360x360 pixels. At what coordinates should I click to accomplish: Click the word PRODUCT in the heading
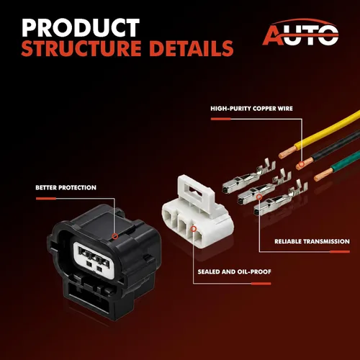point(81,27)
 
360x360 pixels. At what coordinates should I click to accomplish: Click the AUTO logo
point(300,32)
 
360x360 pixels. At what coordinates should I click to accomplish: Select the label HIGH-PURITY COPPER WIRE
point(251,109)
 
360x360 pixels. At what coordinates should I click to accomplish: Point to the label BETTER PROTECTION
point(66,187)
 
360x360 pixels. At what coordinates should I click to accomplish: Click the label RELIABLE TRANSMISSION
point(312,241)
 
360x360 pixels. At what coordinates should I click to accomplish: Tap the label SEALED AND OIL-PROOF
point(234,271)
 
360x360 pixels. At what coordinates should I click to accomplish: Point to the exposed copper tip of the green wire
point(323,174)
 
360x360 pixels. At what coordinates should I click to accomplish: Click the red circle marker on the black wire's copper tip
point(301,164)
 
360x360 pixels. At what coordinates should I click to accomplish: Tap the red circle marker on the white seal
point(194,229)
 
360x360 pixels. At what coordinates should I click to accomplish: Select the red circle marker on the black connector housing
point(115,236)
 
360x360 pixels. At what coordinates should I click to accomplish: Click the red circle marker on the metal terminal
point(259,197)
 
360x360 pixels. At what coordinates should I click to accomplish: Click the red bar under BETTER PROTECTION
point(46,199)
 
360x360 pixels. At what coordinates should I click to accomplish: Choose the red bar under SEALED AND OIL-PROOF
point(261,284)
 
